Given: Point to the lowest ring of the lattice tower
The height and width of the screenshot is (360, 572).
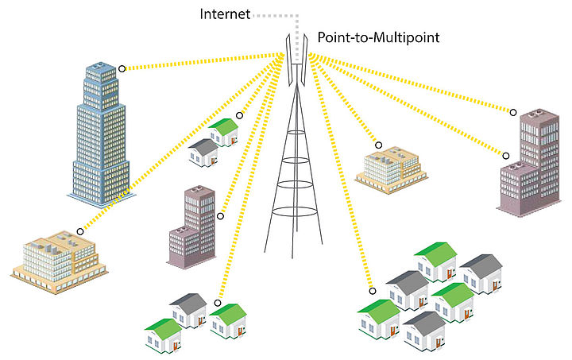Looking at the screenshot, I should (296, 213).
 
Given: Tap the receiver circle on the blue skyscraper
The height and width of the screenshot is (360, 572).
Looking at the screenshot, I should (122, 69).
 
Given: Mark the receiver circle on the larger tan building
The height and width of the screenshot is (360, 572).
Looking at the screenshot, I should (80, 231).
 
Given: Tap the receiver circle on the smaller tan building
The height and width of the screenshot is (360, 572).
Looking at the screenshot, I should (379, 145).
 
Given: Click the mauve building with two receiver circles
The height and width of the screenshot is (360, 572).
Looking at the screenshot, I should (528, 163).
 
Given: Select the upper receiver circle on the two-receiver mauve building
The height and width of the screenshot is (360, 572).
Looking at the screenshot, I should (513, 112).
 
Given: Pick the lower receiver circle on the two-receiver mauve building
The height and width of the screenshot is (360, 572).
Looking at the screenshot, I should (505, 155).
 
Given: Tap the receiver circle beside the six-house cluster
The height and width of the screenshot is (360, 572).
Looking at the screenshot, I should (371, 291).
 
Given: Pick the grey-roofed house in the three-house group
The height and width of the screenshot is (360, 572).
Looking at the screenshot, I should (188, 309).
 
